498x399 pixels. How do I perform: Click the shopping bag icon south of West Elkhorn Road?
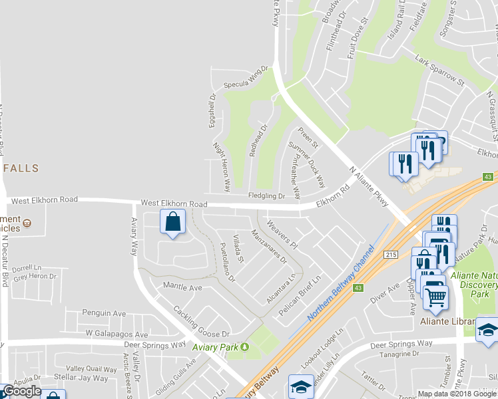tap(173, 222)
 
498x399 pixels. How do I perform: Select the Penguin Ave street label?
tap(104, 313)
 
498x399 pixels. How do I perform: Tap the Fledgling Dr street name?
tap(266, 196)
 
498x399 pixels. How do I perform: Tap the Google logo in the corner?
tap(21, 391)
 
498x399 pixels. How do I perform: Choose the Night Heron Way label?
tap(221, 163)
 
